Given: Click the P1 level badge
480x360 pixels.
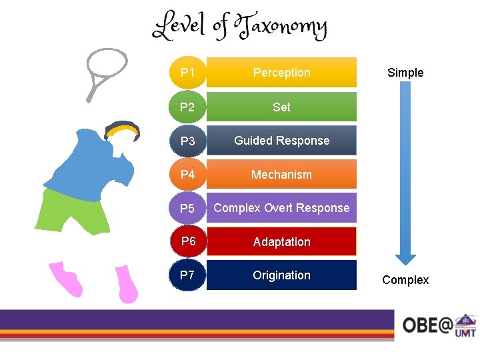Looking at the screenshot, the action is tap(187, 72).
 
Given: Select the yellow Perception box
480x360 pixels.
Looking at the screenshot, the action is tap(281, 72).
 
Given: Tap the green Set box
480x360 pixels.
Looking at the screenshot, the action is tap(281, 107).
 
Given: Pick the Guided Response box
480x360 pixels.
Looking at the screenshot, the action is tap(281, 141).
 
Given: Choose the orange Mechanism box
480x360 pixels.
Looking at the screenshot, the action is tap(281, 175).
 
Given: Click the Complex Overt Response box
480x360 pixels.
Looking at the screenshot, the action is tap(281, 208).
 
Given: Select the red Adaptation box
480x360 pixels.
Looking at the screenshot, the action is tap(281, 241).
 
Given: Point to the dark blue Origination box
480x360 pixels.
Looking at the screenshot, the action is tap(281, 275).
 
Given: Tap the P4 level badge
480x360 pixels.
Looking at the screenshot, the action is tap(187, 175).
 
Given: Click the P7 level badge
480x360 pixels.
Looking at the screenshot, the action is tap(187, 275).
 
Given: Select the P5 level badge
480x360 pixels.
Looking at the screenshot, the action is tap(187, 209).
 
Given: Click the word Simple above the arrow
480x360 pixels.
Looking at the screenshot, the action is tap(405, 73).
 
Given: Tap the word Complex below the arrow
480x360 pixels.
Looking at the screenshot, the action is tap(405, 280).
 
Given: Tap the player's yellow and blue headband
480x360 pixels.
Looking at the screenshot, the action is tap(123, 129).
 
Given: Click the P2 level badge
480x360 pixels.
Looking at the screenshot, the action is tap(187, 107).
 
